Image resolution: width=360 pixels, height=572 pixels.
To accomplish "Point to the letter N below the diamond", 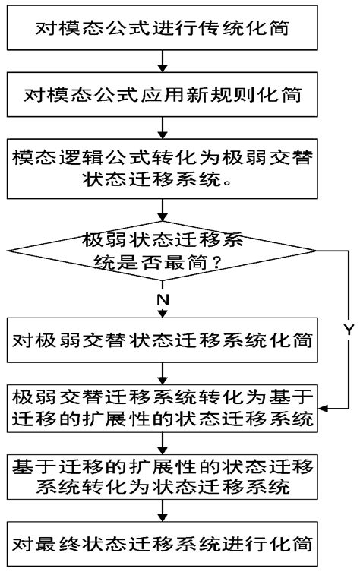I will [x=163, y=299].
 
